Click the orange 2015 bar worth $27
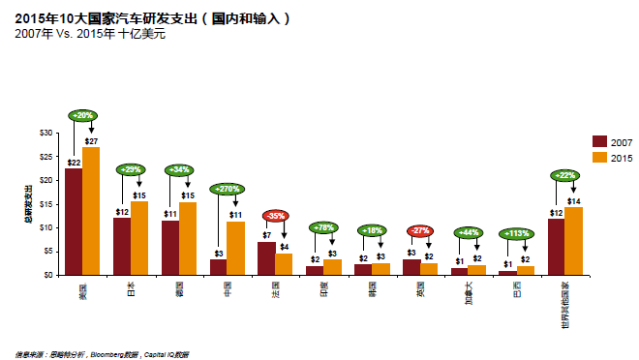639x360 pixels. click(91, 211)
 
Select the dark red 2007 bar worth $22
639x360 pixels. click(74, 222)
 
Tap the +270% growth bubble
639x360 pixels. click(228, 190)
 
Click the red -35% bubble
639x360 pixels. click(276, 216)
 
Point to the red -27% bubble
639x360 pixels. click(419, 231)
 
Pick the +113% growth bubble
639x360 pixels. click(516, 233)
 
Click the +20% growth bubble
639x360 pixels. click(83, 115)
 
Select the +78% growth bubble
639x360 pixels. click(324, 227)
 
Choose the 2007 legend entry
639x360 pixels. click(614, 141)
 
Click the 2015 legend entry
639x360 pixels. click(614, 157)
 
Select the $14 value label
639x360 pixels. click(573, 200)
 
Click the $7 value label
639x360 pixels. click(266, 235)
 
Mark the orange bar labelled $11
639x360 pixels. click(235, 249)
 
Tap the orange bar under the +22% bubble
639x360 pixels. click(573, 241)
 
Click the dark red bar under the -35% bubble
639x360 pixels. click(266, 258)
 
